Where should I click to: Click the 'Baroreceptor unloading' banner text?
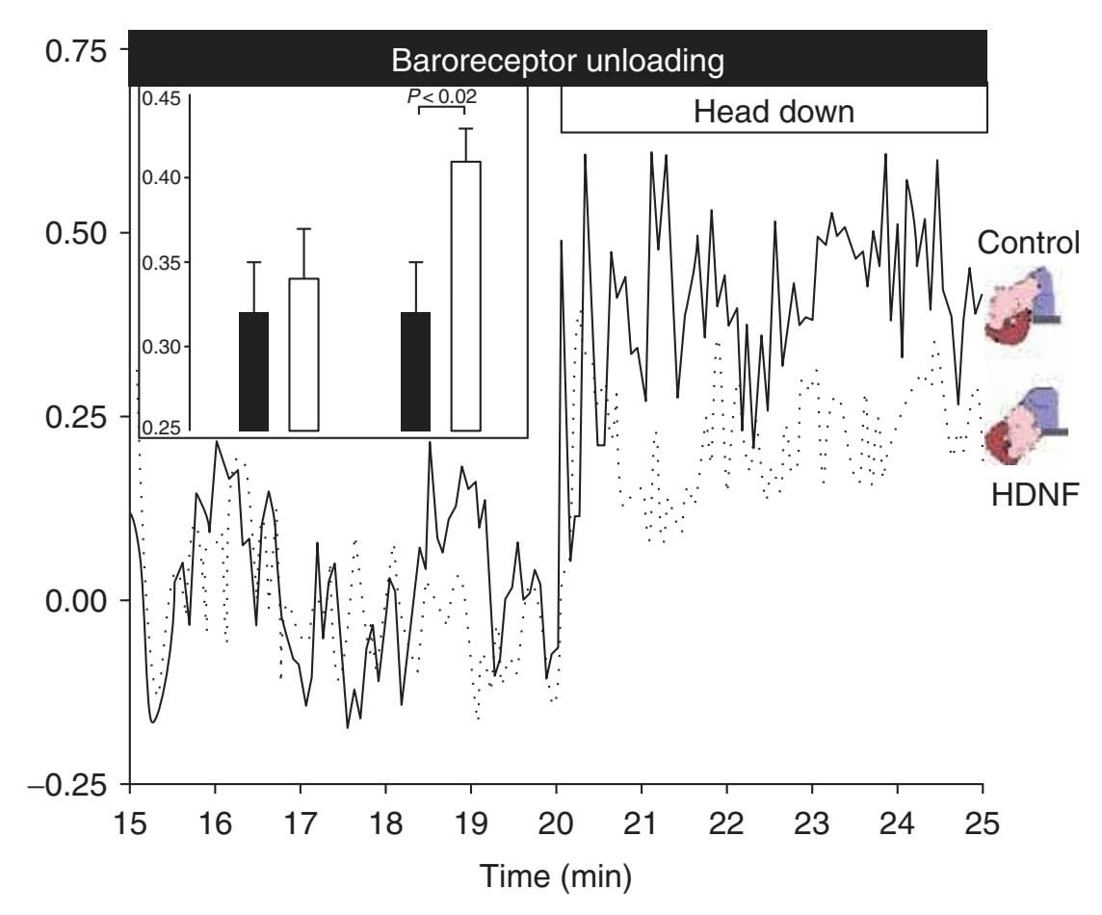coord(557,63)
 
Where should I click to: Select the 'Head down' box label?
coord(774,112)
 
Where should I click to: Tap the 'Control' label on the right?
coord(1029,243)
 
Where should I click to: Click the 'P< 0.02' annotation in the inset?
coord(441,95)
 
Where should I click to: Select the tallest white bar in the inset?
coord(466,296)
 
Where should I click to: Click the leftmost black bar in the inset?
coord(253,371)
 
